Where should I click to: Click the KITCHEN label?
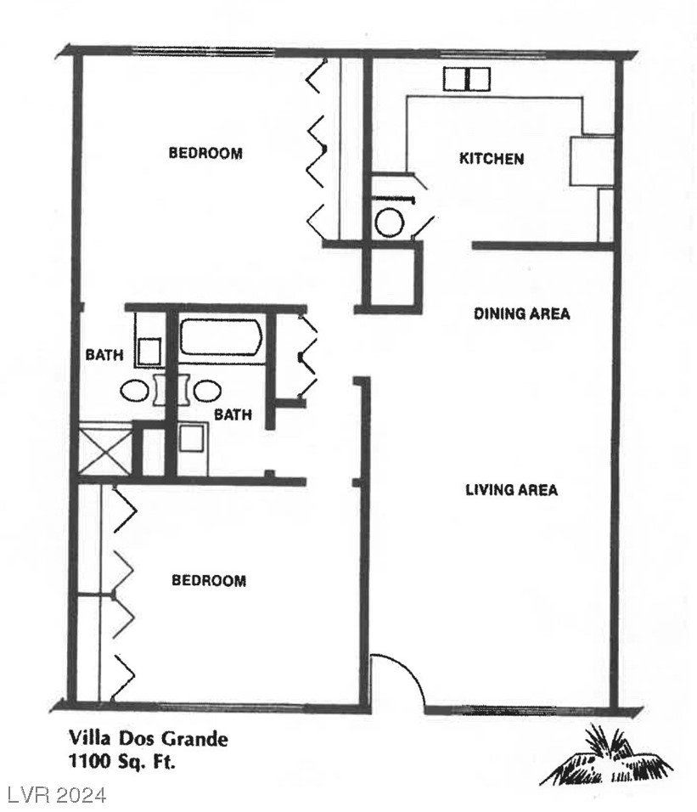pyautogui.click(x=492, y=158)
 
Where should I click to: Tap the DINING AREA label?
pyautogui.click(x=521, y=313)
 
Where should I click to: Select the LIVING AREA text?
pyautogui.click(x=511, y=489)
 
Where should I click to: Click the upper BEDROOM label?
pyautogui.click(x=205, y=153)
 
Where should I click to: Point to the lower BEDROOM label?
pyautogui.click(x=209, y=580)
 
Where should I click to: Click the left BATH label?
pyautogui.click(x=104, y=355)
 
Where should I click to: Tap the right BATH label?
pyautogui.click(x=232, y=414)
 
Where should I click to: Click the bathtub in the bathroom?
pyautogui.click(x=221, y=337)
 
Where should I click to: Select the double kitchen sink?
pyautogui.click(x=467, y=79)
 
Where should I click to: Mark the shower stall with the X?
pyautogui.click(x=104, y=451)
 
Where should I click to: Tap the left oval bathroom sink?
pyautogui.click(x=135, y=390)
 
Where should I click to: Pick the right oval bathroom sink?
pyautogui.click(x=206, y=390)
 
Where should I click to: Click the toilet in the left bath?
pyautogui.click(x=151, y=350)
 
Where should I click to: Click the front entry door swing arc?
pyautogui.click(x=403, y=673)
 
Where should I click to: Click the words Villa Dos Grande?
pyautogui.click(x=148, y=739)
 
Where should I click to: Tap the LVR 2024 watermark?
pyautogui.click(x=57, y=795)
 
